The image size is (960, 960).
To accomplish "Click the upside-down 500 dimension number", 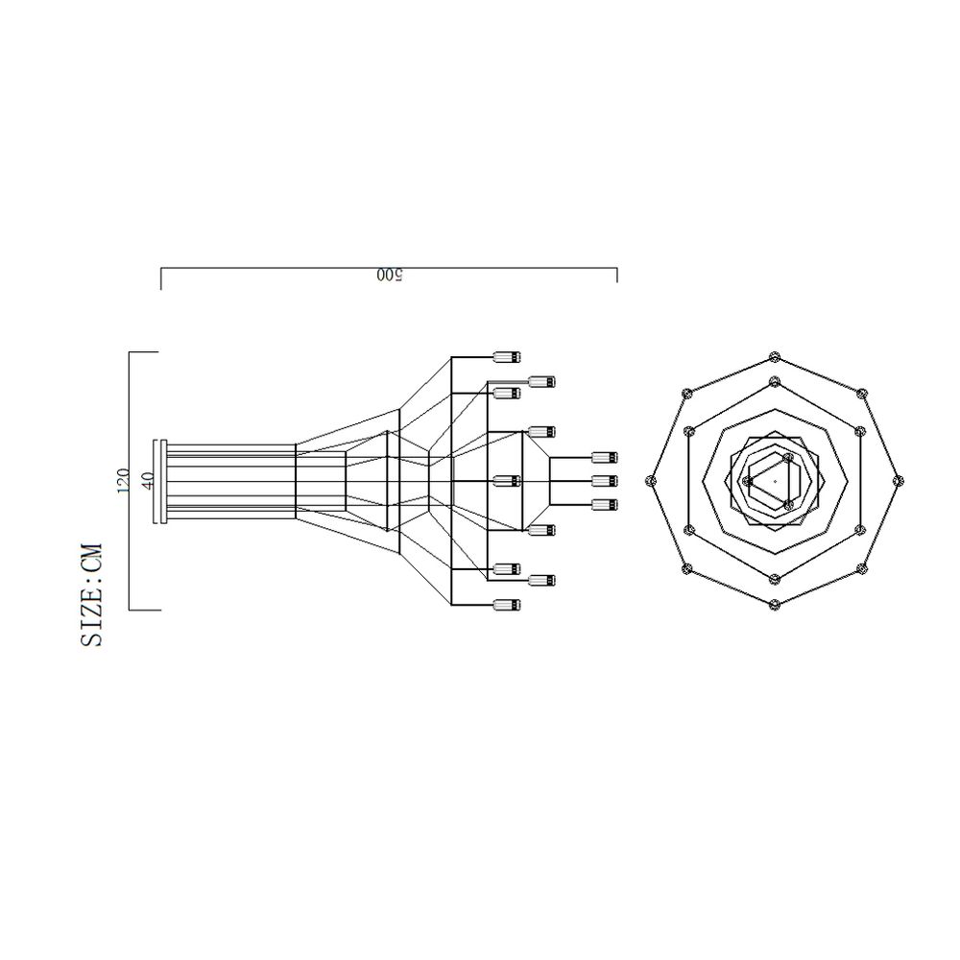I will [x=389, y=276].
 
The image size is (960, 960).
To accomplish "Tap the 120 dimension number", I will [x=122, y=481].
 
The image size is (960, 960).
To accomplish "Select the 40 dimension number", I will [x=147, y=481].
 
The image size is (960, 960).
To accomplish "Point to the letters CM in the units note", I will [x=92, y=560].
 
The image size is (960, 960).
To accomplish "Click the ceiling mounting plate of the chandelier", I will [x=162, y=481].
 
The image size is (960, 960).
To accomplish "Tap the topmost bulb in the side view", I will [x=506, y=357].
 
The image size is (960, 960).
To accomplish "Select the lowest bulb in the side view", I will [x=506, y=605].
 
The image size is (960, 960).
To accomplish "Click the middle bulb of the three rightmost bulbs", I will [x=604, y=480].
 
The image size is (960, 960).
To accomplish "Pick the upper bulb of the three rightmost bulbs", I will [x=604, y=457].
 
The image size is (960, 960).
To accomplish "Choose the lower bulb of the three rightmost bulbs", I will [x=604, y=504].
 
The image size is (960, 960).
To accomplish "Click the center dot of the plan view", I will [x=775, y=480].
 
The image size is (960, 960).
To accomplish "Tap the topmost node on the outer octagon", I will [x=775, y=358].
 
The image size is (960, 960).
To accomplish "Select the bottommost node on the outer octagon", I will [x=775, y=603].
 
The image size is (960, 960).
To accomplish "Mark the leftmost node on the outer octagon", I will [x=652, y=480].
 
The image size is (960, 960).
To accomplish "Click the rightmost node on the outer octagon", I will [x=898, y=480].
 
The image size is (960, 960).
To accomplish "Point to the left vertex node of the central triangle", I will [x=747, y=481].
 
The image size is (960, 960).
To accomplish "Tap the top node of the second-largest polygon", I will [x=774, y=382].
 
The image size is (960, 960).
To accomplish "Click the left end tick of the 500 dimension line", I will [x=160, y=277].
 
